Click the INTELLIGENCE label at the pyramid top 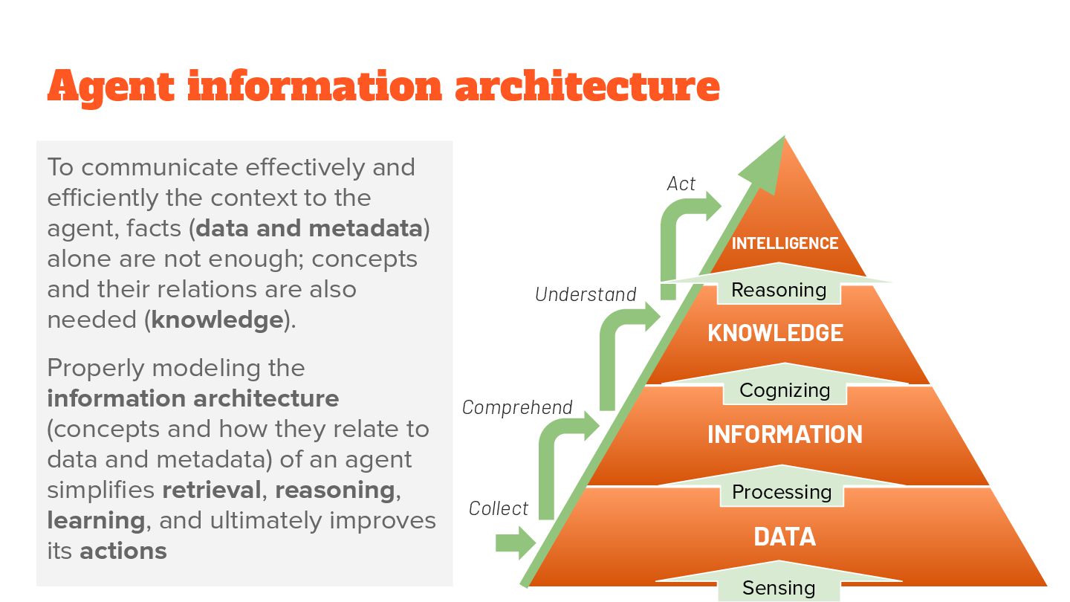785,244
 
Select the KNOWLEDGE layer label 775,333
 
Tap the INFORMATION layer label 785,434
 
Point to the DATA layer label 785,537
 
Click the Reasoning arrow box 779,290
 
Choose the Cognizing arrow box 785,390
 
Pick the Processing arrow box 782,492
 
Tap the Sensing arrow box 779,589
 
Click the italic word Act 681,184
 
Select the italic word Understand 586,294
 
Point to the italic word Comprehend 517,407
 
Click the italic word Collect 499,508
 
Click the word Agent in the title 110,86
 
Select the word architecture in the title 587,86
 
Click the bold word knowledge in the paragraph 217,320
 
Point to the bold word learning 96,520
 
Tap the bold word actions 123,551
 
